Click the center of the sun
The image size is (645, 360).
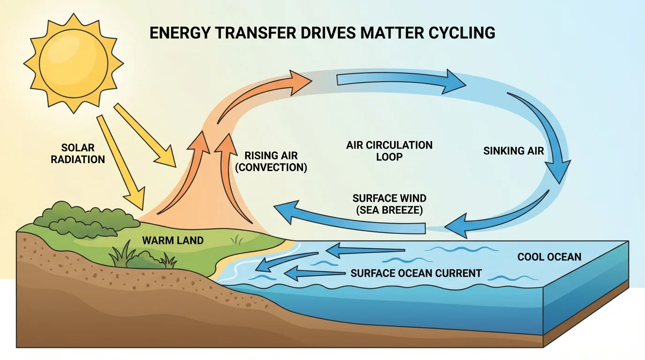point(73,62)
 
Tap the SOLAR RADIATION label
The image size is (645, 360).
point(78,153)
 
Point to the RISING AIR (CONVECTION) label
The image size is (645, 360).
point(271,162)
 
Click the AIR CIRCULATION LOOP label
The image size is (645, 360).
point(389,150)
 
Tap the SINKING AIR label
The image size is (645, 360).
point(513,151)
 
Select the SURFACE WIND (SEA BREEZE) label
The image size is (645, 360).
point(390,204)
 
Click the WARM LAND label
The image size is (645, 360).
point(173,241)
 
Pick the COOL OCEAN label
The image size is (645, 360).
point(549,257)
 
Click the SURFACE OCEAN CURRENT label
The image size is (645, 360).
point(416,273)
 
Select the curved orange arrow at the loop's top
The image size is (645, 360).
point(262,96)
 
